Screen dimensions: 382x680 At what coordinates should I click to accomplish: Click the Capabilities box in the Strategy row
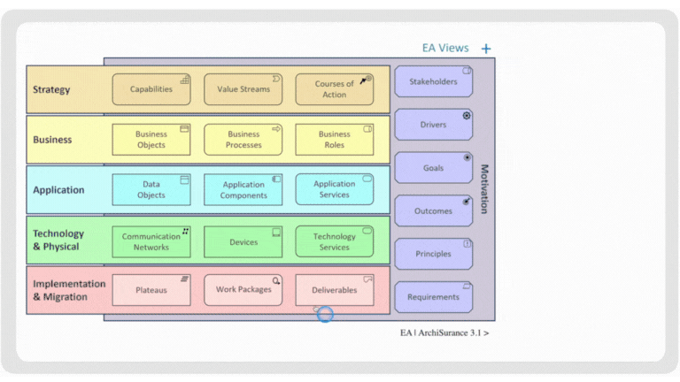click(x=151, y=89)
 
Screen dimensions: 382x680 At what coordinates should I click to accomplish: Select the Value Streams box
click(x=243, y=89)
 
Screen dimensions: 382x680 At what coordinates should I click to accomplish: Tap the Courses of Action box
click(x=335, y=89)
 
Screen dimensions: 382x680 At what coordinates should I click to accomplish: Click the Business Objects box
click(x=151, y=140)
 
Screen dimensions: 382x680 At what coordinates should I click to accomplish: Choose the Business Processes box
click(x=243, y=140)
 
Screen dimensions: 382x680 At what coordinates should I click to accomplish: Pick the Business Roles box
click(x=335, y=140)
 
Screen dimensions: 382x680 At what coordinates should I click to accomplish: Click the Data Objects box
click(x=151, y=189)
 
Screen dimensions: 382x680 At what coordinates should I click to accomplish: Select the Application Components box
click(x=243, y=189)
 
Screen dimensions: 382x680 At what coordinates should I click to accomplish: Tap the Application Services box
click(x=335, y=189)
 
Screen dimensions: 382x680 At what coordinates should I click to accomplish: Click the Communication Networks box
click(x=151, y=241)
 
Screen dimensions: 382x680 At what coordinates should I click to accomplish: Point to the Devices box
click(x=243, y=241)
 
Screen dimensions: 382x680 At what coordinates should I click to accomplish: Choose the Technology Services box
click(x=335, y=241)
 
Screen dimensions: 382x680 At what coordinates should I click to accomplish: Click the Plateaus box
click(x=151, y=290)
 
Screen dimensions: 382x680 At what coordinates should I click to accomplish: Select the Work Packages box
click(x=243, y=290)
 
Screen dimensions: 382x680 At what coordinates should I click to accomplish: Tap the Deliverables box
click(x=335, y=290)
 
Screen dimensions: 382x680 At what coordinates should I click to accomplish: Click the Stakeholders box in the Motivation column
click(x=433, y=81)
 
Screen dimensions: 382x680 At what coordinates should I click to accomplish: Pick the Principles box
click(x=433, y=254)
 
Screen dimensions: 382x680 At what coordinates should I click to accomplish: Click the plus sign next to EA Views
click(x=486, y=50)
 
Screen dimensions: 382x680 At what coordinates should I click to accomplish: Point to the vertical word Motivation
click(x=484, y=188)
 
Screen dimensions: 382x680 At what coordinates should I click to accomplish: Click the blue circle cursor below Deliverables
click(x=325, y=314)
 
